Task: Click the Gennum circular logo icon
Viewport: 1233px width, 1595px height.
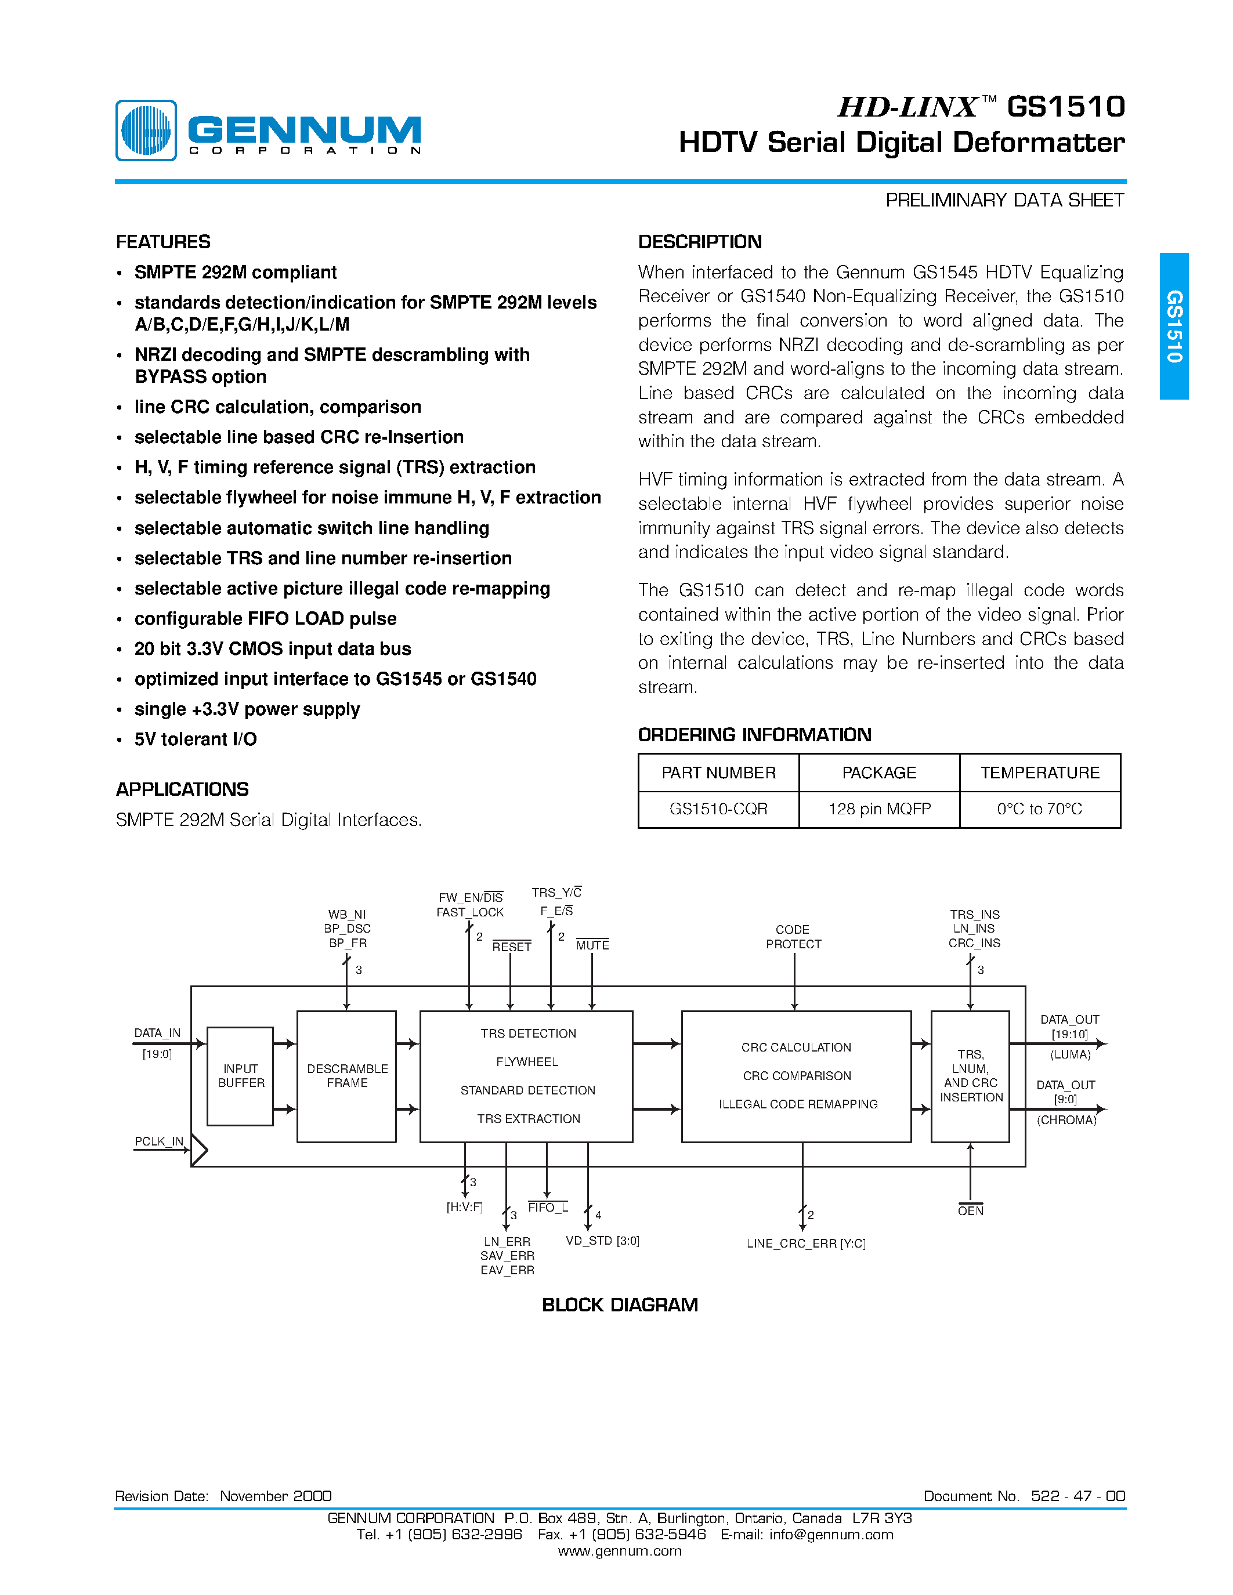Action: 146,130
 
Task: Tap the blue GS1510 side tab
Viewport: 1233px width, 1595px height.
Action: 1173,326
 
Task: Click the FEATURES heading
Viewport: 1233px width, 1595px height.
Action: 163,242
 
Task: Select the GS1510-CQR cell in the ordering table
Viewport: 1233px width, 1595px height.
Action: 718,809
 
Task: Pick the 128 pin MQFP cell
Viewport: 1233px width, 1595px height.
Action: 878,809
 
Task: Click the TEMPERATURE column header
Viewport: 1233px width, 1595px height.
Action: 1039,773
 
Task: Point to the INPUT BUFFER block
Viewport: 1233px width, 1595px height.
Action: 240,1076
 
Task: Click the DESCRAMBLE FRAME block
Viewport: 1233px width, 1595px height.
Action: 347,1076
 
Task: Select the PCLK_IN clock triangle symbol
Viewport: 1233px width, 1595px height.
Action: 198,1150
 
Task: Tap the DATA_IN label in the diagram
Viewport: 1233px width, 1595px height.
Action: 157,1032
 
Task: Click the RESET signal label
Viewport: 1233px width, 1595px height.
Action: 511,947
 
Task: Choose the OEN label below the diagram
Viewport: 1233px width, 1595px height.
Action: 970,1211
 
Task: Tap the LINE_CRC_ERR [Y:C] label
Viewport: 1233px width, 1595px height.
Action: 806,1244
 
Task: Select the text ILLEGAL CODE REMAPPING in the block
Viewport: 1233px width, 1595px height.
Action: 798,1104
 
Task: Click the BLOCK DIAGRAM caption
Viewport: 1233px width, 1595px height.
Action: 620,1305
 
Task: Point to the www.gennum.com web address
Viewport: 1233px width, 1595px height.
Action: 620,1551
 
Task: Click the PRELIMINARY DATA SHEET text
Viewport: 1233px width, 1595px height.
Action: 1004,200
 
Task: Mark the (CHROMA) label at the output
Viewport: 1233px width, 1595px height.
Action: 1066,1121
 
